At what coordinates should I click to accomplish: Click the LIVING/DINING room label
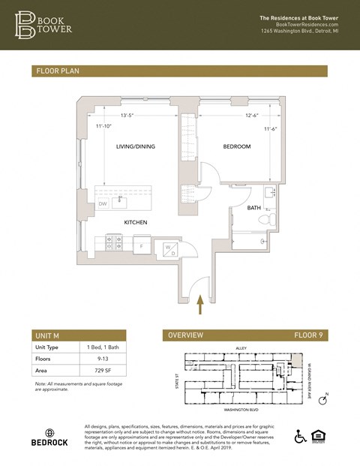coord(135,146)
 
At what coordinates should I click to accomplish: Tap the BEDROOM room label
coord(236,146)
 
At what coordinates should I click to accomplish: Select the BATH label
coord(254,208)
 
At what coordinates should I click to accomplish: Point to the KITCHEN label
coord(135,223)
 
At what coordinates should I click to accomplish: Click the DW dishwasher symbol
coord(103,203)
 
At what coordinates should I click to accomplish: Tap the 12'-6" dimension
coord(232,116)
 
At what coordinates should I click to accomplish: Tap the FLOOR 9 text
coord(307,335)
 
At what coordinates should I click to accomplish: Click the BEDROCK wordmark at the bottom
coord(49,443)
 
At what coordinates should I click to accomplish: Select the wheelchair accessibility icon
coord(300,436)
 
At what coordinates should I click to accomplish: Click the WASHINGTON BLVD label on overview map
coord(241,410)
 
